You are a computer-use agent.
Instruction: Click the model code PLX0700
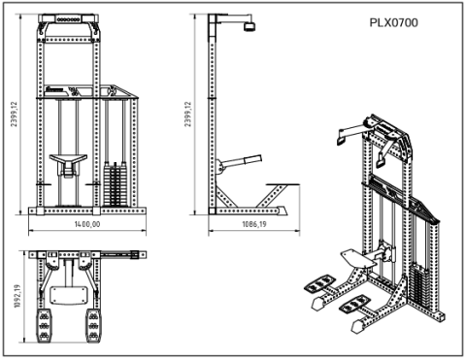(393, 22)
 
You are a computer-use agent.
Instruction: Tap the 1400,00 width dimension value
(87, 224)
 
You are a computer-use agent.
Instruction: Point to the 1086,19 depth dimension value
(250, 224)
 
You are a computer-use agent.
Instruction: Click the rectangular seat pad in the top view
(68, 293)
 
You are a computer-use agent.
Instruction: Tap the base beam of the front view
(87, 211)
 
